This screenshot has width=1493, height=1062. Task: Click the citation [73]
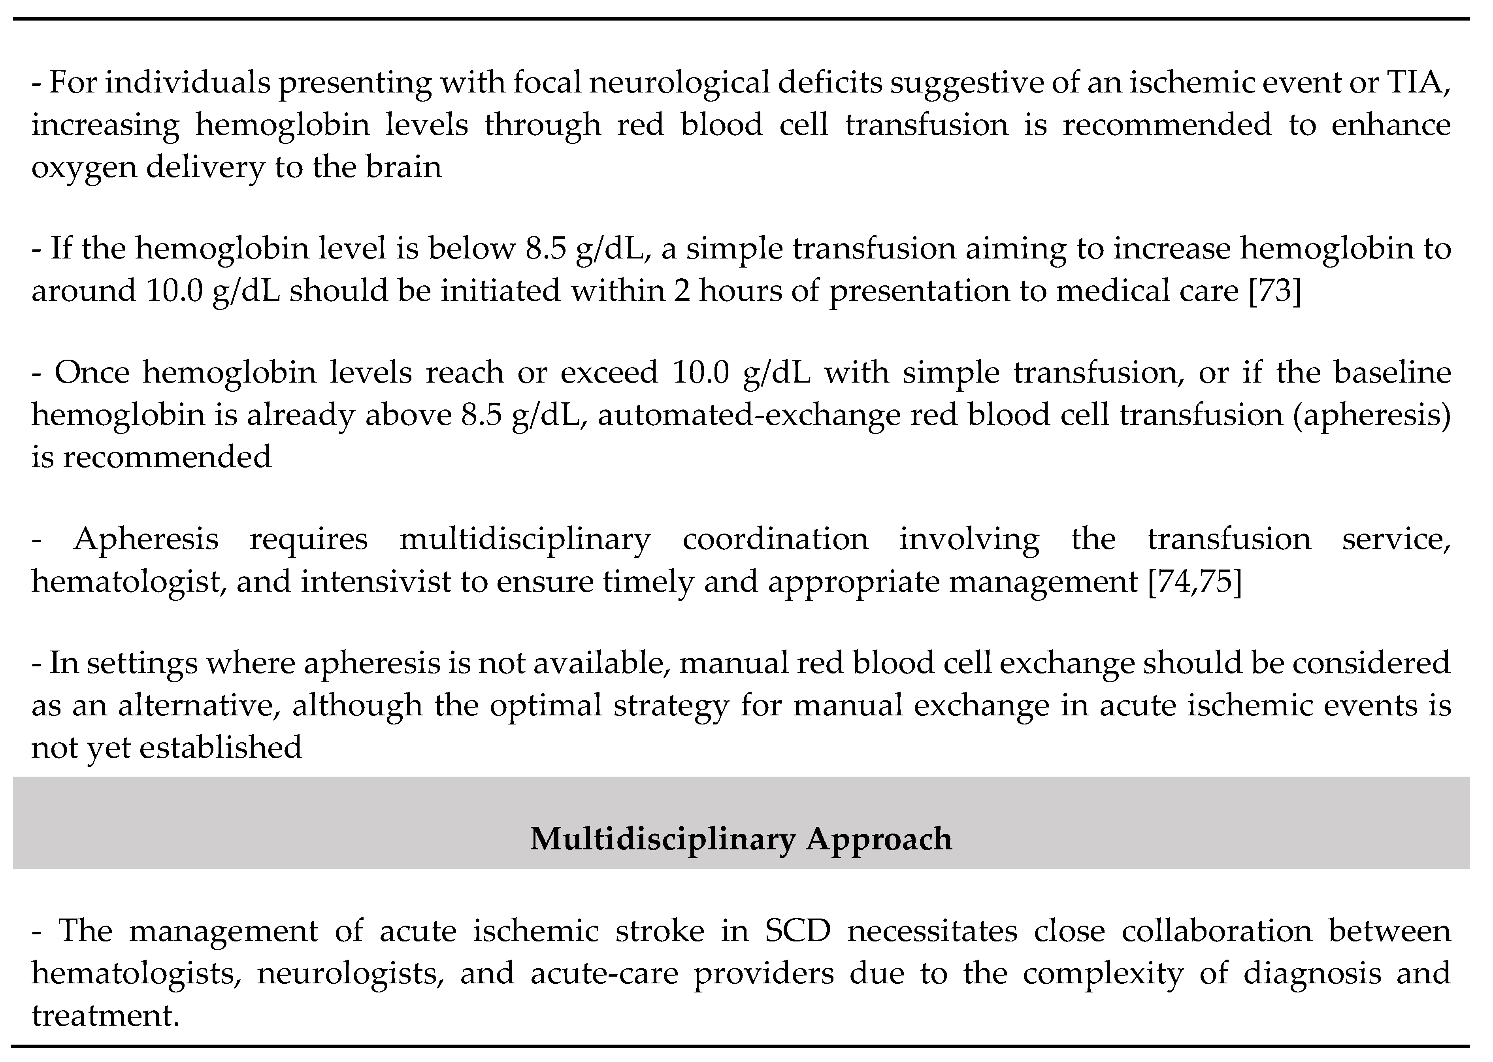coord(1275,290)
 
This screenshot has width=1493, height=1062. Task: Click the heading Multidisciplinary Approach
coord(741,839)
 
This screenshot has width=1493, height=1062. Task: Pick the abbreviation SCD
coord(797,931)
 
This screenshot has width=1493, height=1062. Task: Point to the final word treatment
coord(105,1016)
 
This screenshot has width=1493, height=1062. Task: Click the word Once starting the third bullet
coord(92,373)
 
